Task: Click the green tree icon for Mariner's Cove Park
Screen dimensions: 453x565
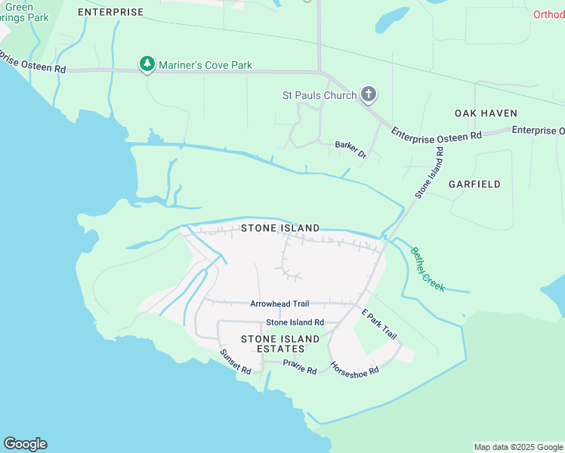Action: point(147,65)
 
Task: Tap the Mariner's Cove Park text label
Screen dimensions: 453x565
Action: point(205,66)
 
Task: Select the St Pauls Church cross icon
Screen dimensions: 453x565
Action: point(369,95)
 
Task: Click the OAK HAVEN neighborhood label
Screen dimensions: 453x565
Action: point(486,113)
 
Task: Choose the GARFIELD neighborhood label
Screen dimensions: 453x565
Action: point(474,184)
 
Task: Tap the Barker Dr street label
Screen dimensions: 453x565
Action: point(350,149)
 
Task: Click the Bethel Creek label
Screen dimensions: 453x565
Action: point(427,270)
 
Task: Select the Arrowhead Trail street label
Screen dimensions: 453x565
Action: point(279,304)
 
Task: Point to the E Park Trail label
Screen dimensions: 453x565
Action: point(378,324)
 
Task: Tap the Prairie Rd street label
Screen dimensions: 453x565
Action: point(299,367)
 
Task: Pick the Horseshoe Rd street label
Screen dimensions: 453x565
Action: point(354,368)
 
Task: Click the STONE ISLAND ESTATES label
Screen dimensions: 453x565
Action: point(273,344)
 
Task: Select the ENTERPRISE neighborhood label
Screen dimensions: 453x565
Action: point(110,13)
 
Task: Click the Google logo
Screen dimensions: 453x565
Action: point(25,444)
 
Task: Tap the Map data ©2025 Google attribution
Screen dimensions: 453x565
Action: point(518,447)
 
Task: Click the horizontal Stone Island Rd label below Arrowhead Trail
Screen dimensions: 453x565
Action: point(294,322)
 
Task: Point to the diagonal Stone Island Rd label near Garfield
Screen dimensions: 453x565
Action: point(428,173)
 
